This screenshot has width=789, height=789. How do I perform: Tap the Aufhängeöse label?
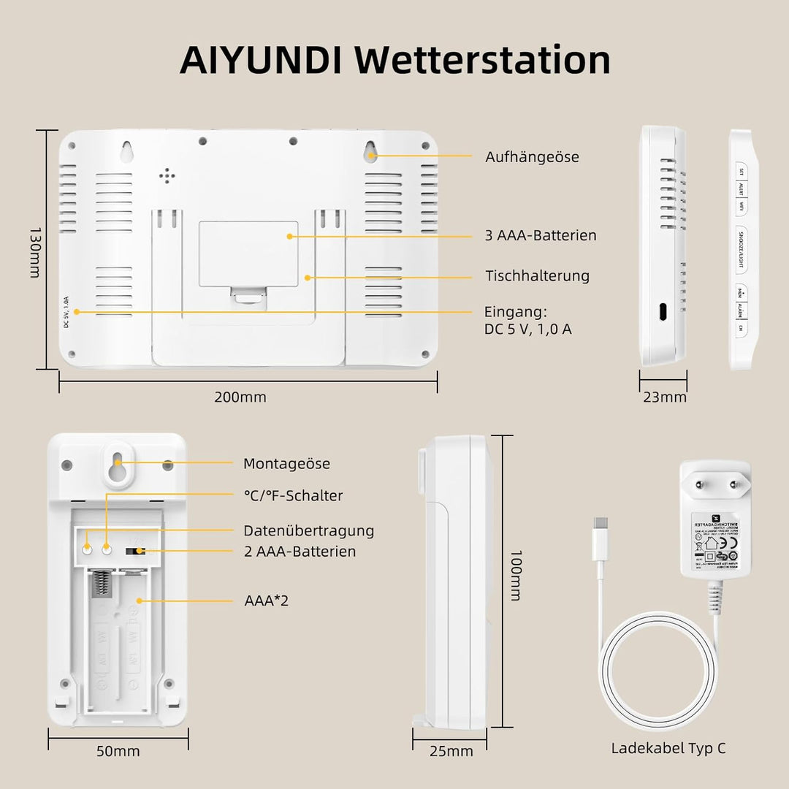coord(532,157)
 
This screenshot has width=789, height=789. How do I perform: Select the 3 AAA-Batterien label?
coord(541,235)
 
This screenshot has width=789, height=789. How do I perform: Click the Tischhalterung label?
coord(537,276)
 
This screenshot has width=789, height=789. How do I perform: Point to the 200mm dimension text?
coord(240,397)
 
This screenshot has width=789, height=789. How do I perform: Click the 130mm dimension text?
coord(34,251)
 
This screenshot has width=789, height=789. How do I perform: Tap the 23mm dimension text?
coord(664,397)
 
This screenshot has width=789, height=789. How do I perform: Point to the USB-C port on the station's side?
coord(661,311)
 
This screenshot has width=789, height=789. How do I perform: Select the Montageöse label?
coord(286,464)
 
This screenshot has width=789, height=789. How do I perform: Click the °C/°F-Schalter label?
coord(293,496)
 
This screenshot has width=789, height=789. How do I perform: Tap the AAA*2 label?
coord(266,601)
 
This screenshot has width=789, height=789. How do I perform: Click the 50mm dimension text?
coord(118,751)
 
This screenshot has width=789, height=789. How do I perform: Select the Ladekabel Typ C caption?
coord(668,748)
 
